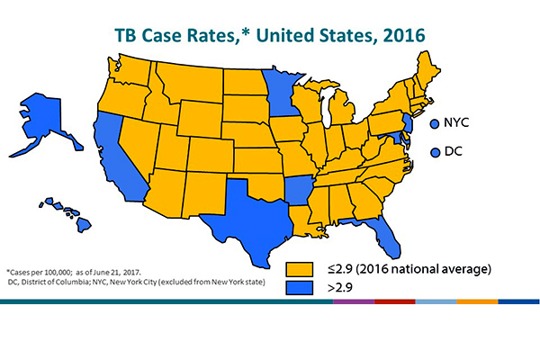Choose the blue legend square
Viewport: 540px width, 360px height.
[296, 287]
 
